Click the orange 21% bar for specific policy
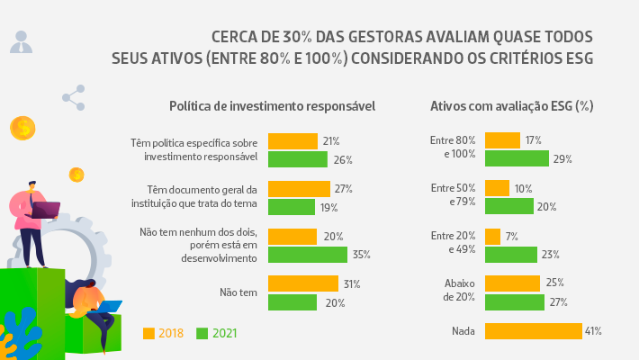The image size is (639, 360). (x=292, y=141)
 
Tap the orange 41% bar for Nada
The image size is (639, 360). (x=533, y=331)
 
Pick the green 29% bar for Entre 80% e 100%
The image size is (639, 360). (x=517, y=158)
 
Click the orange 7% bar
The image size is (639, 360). (x=492, y=237)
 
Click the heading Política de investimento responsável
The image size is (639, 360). (x=272, y=106)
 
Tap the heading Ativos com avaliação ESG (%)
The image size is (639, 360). (x=511, y=106)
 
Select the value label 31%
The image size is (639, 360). (x=351, y=284)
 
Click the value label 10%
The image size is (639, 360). (x=523, y=189)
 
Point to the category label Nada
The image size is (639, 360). (x=463, y=331)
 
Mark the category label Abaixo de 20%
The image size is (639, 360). (x=460, y=290)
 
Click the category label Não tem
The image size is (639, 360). (x=238, y=292)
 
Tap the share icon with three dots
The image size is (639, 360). (x=74, y=97)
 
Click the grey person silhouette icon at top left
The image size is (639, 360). (x=22, y=41)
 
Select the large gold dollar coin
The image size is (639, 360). (x=22, y=129)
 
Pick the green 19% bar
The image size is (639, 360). (x=291, y=207)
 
